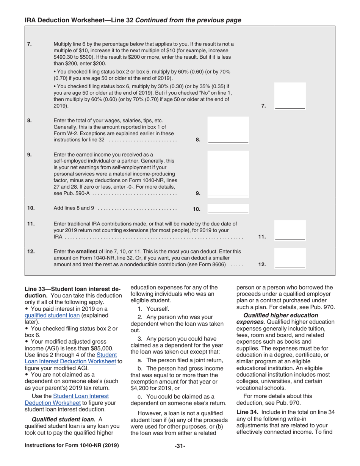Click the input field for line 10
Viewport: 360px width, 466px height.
click(x=229, y=208)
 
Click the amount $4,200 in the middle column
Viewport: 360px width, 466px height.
click(x=140, y=388)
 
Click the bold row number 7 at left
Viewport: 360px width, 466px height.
click(x=30, y=44)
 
